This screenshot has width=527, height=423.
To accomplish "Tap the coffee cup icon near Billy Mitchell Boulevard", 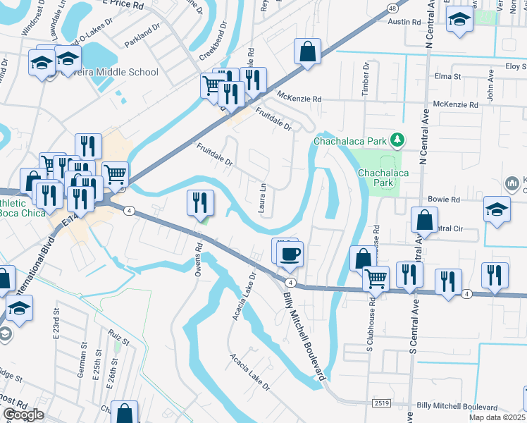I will [287, 253].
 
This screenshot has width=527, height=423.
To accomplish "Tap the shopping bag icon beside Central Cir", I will [425, 219].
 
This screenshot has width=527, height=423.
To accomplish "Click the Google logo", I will [23, 415].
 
